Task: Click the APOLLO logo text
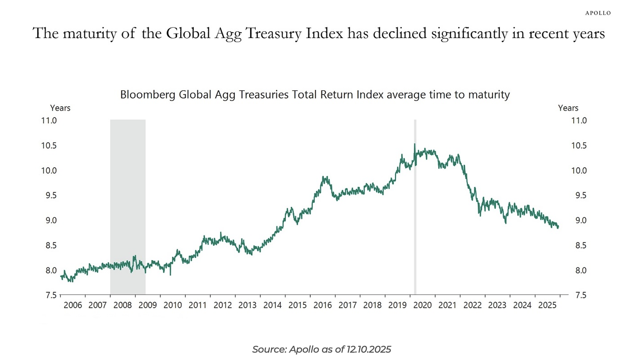click(598, 13)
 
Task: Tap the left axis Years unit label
click(60, 108)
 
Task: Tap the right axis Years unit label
click(568, 108)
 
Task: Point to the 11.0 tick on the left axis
click(49, 120)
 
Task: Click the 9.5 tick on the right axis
click(580, 195)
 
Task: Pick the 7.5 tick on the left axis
click(51, 295)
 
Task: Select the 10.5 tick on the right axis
click(579, 145)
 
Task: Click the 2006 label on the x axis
click(73, 305)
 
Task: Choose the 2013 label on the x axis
click(247, 305)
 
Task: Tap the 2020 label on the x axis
click(422, 305)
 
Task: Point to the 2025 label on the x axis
click(547, 305)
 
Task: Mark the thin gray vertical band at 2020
click(415, 220)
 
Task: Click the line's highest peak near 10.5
click(415, 144)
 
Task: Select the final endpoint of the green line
click(558, 227)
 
